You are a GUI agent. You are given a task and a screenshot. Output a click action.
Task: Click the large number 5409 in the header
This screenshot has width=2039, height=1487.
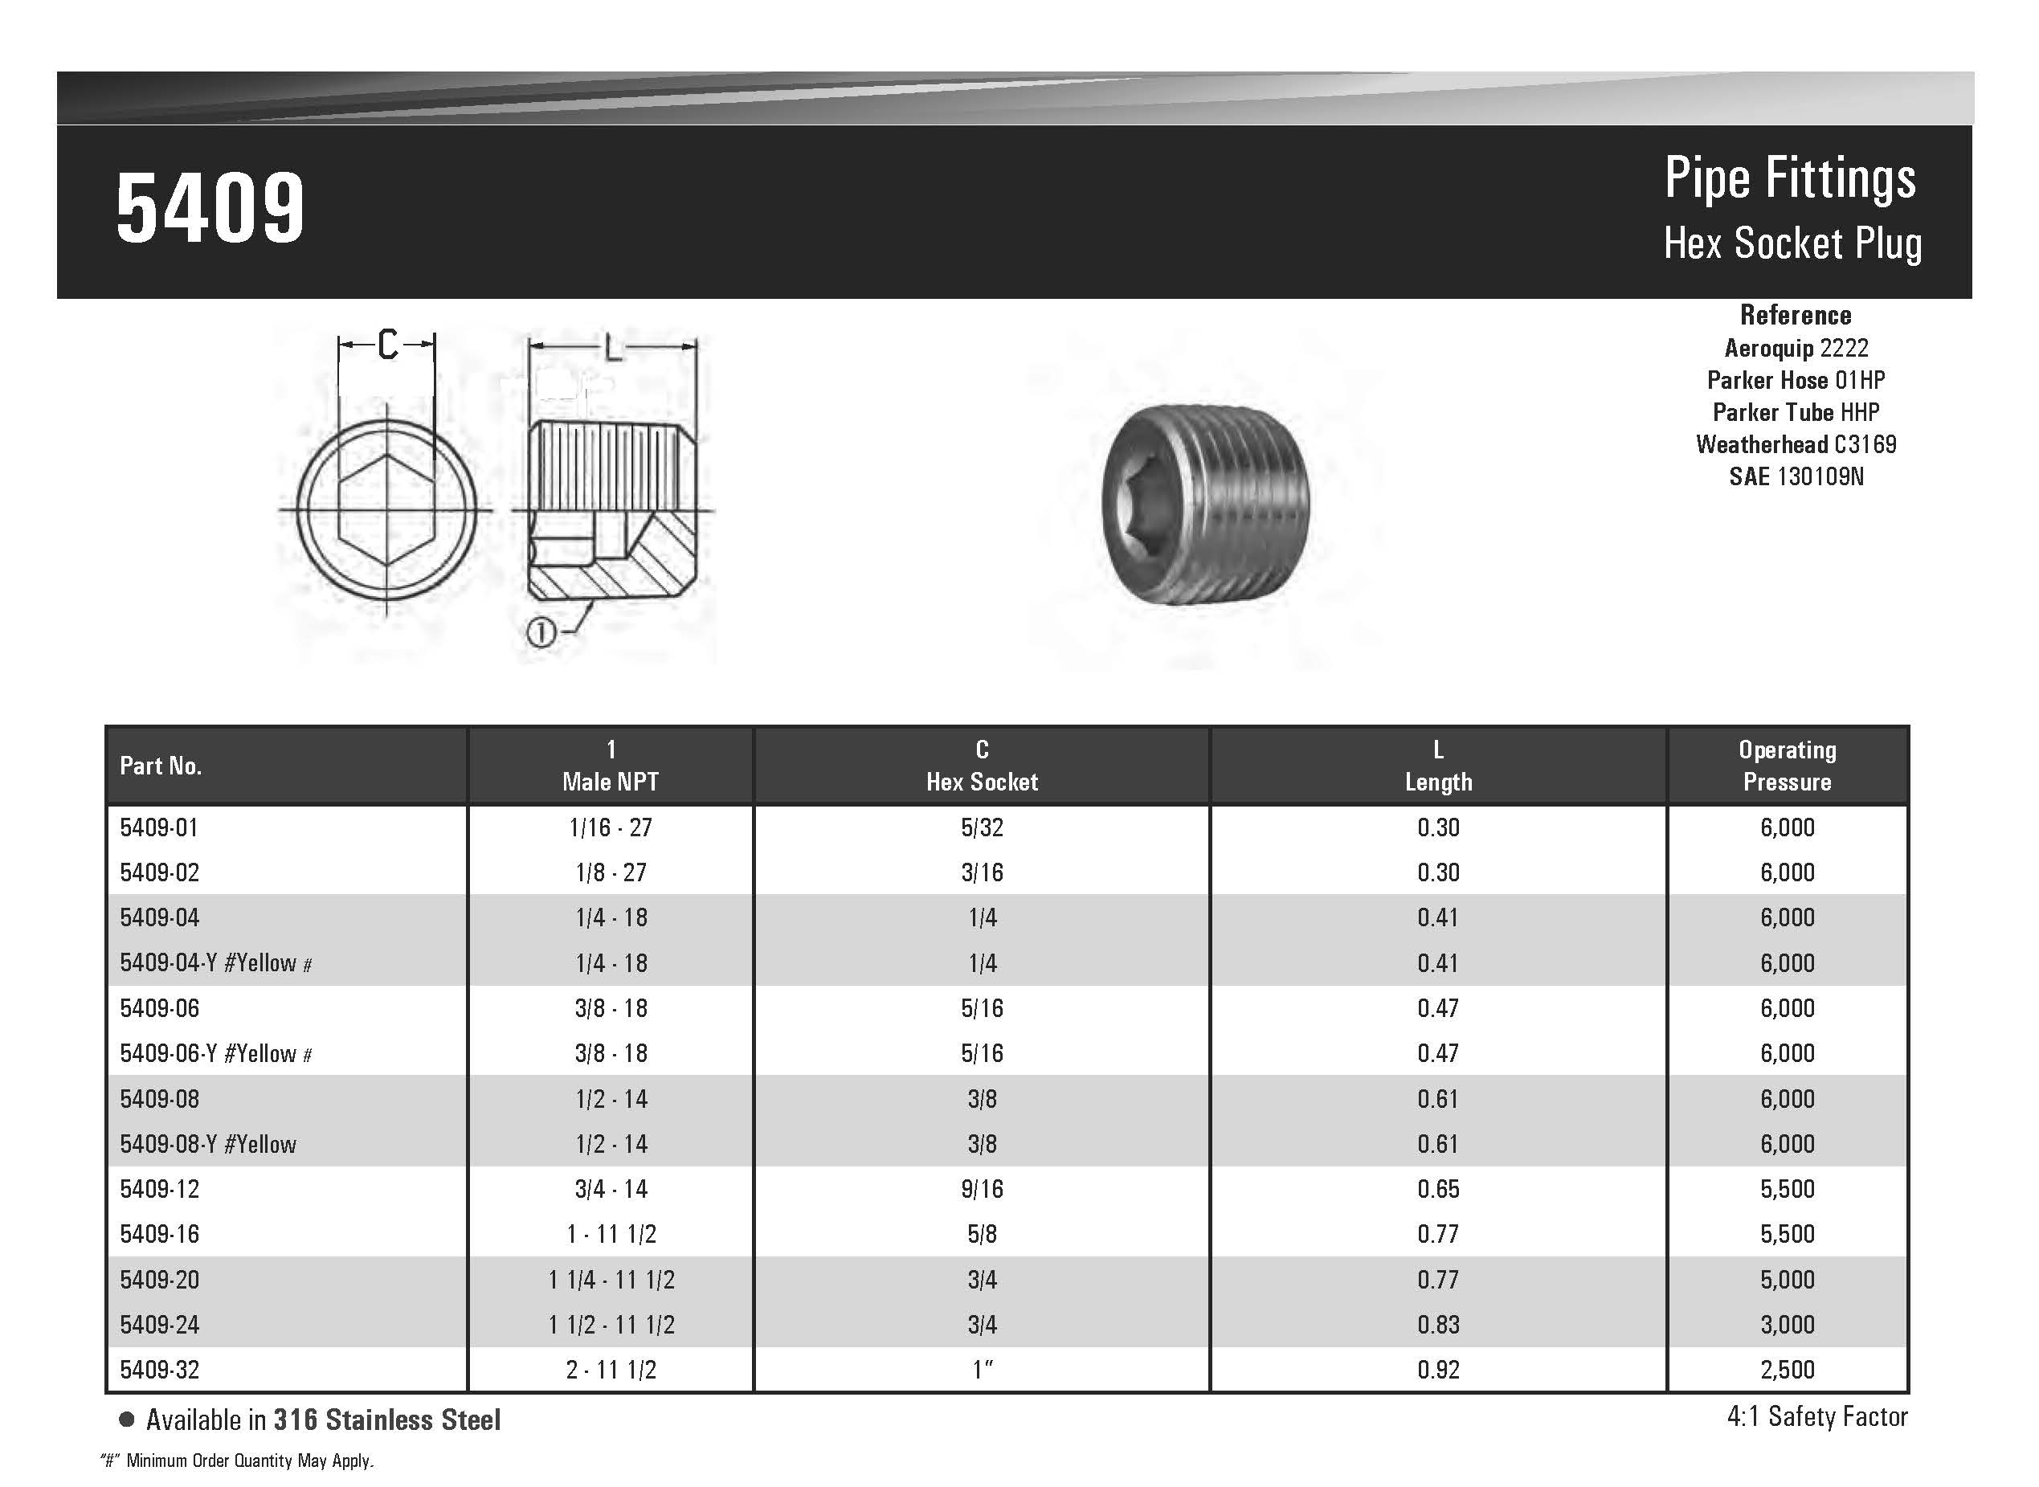point(210,209)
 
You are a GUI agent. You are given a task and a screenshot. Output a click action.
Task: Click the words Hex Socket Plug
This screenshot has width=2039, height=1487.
point(1792,244)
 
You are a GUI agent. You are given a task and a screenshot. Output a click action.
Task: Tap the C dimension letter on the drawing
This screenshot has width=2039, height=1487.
point(387,344)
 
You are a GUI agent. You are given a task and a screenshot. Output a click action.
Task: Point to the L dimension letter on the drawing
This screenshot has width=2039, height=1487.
point(612,347)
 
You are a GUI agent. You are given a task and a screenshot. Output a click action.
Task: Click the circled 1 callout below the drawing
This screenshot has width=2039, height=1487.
point(540,634)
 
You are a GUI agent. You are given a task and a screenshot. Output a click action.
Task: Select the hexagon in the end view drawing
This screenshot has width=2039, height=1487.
point(387,509)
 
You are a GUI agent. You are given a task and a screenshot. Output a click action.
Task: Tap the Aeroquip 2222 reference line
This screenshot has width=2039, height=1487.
point(1796,349)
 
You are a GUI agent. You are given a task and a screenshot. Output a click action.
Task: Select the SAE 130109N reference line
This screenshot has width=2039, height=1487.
point(1796,477)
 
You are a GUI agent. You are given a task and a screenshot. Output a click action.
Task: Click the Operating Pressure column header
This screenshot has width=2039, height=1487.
point(1787,766)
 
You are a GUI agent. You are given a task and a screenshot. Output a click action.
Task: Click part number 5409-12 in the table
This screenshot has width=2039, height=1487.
point(159,1189)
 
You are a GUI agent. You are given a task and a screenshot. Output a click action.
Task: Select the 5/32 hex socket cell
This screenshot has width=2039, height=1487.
point(981,827)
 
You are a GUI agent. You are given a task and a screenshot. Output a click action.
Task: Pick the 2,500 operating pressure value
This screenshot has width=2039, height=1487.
point(1787,1370)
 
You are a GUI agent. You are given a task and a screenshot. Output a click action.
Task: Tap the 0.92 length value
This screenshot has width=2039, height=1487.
point(1437,1370)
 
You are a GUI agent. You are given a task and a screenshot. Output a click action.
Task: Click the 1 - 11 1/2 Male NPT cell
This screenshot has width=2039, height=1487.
point(611,1234)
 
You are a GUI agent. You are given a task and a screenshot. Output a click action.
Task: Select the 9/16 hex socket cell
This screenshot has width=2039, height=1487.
point(981,1189)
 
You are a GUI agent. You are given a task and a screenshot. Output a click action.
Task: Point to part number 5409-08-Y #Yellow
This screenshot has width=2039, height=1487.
point(208,1144)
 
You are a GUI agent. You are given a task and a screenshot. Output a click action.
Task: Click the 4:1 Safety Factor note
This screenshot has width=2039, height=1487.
point(1816,1417)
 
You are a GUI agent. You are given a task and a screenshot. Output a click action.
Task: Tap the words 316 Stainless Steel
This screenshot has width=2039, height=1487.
point(387,1420)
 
